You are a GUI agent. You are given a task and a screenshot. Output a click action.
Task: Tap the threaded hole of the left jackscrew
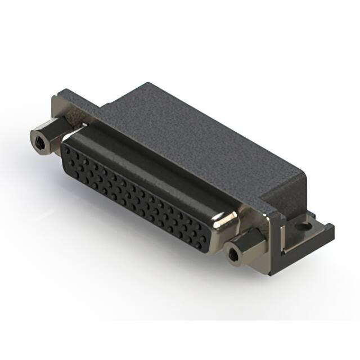click(x=39, y=140)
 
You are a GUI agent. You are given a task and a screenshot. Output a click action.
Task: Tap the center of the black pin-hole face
click(x=138, y=191)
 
